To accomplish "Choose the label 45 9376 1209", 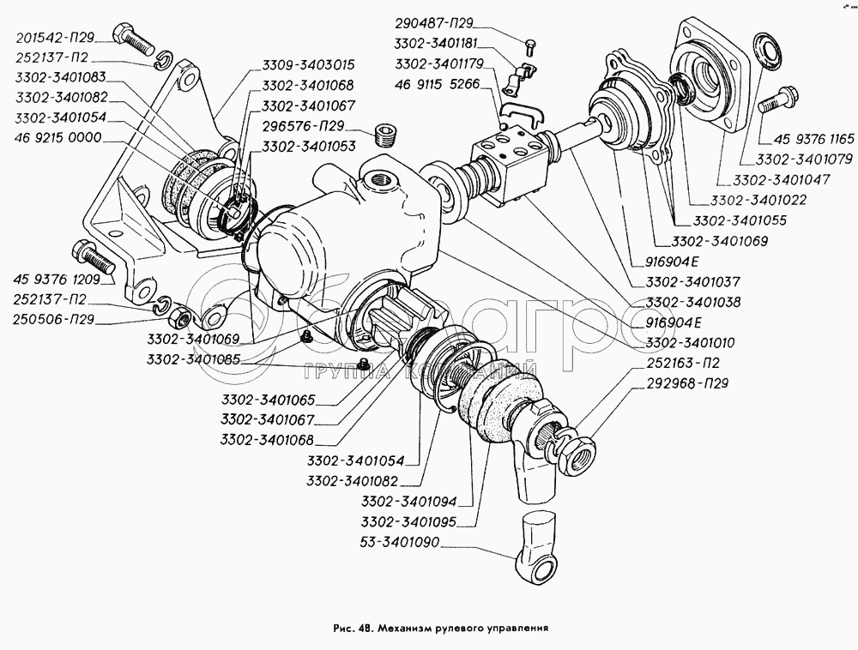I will click(57, 279).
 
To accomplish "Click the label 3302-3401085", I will click(193, 359).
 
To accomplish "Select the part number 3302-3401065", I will click(267, 400).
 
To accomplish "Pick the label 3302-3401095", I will click(408, 522).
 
